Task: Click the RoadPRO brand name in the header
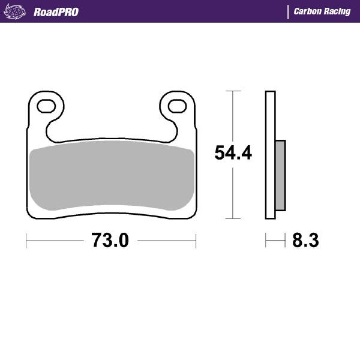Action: click(55, 11)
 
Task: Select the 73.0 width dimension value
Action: click(110, 241)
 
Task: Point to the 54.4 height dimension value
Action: click(233, 154)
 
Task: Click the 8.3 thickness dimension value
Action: click(305, 241)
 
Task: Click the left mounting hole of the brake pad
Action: click(46, 107)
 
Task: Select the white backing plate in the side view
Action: click(270, 156)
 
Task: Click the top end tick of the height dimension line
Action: click(233, 91)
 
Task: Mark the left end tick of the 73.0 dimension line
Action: click(26, 241)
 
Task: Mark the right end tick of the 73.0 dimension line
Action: click(196, 241)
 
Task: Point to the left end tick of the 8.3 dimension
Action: click(266, 241)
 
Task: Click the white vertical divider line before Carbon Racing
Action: click(289, 11)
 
